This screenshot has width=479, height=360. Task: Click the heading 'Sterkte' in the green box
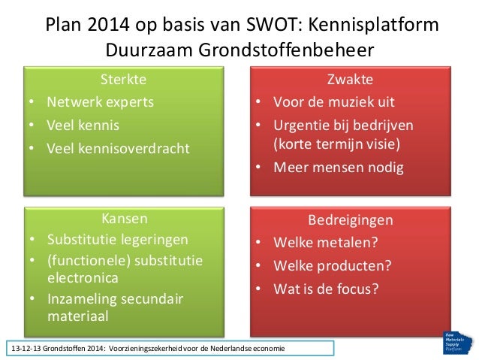(x=123, y=79)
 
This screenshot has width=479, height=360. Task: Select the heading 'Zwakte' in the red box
(x=350, y=79)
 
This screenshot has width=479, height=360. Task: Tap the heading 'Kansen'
(x=124, y=219)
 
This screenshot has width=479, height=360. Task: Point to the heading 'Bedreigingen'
(x=350, y=220)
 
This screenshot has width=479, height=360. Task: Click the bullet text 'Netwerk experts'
(x=100, y=101)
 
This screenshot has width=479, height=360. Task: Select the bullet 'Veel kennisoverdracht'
(x=118, y=148)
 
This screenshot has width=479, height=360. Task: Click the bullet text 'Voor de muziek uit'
(x=333, y=101)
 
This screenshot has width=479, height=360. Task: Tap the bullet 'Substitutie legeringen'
(x=117, y=240)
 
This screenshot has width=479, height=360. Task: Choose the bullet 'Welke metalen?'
(x=325, y=243)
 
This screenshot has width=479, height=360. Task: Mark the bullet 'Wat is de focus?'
(x=326, y=288)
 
